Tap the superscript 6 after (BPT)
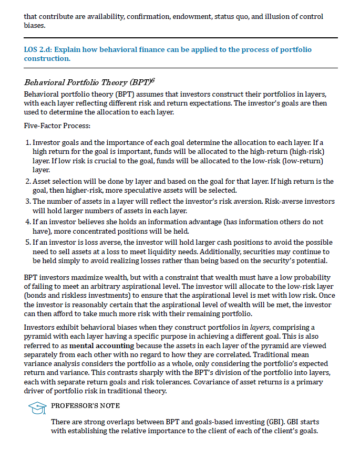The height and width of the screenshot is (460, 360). [152, 79]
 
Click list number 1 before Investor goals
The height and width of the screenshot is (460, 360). [28, 143]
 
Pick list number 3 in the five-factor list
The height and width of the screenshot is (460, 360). [28, 202]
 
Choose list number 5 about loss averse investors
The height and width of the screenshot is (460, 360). [28, 243]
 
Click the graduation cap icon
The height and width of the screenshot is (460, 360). [36, 407]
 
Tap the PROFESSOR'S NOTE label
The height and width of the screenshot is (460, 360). [85, 406]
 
